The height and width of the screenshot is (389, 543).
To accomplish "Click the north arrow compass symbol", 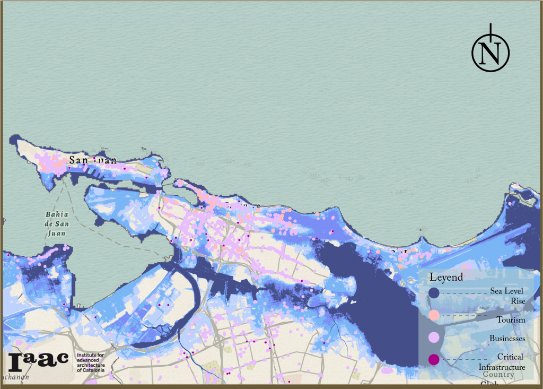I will (491, 52).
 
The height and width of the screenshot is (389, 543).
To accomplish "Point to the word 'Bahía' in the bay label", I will (58, 214).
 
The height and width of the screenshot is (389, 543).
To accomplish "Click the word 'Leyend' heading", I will (446, 277).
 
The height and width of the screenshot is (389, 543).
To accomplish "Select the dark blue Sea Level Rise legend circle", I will (434, 292).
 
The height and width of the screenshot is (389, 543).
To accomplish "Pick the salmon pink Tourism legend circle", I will (434, 315).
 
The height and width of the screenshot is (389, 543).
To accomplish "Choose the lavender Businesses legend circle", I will (434, 338).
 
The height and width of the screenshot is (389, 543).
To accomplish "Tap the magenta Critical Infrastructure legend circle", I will (434, 360).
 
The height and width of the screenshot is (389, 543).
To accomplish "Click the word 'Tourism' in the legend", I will (511, 320).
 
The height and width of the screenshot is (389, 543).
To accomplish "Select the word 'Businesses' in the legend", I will (507, 339).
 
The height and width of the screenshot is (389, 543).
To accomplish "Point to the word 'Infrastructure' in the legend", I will (502, 367).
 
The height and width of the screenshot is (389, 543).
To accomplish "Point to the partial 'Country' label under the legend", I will (498, 375).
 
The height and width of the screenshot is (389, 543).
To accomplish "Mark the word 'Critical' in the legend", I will (510, 357).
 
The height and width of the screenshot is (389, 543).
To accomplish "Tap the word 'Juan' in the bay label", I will (58, 231).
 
